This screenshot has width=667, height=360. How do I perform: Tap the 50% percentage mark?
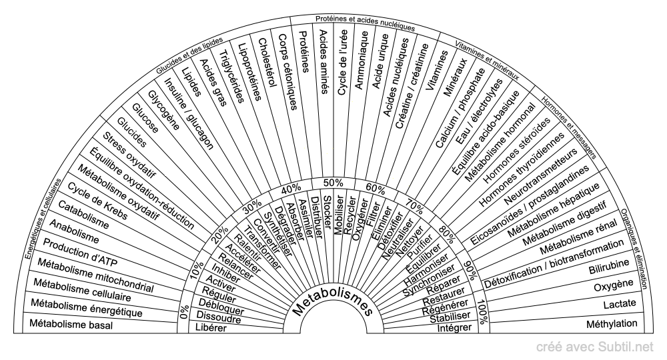pos(333,183)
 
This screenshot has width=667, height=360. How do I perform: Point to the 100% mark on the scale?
pos(482,312)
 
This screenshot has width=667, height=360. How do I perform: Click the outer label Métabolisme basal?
pos(71,324)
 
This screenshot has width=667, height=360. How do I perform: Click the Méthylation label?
pos(612,324)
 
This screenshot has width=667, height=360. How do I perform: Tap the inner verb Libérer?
pos(211,328)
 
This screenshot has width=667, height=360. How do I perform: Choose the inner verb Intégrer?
pos(454,328)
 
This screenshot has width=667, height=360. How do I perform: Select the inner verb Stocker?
pos(327,211)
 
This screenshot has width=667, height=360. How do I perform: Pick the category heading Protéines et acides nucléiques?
pos(365,22)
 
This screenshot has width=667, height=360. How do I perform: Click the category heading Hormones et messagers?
pos(569,127)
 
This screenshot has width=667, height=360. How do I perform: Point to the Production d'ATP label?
pos(81,253)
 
